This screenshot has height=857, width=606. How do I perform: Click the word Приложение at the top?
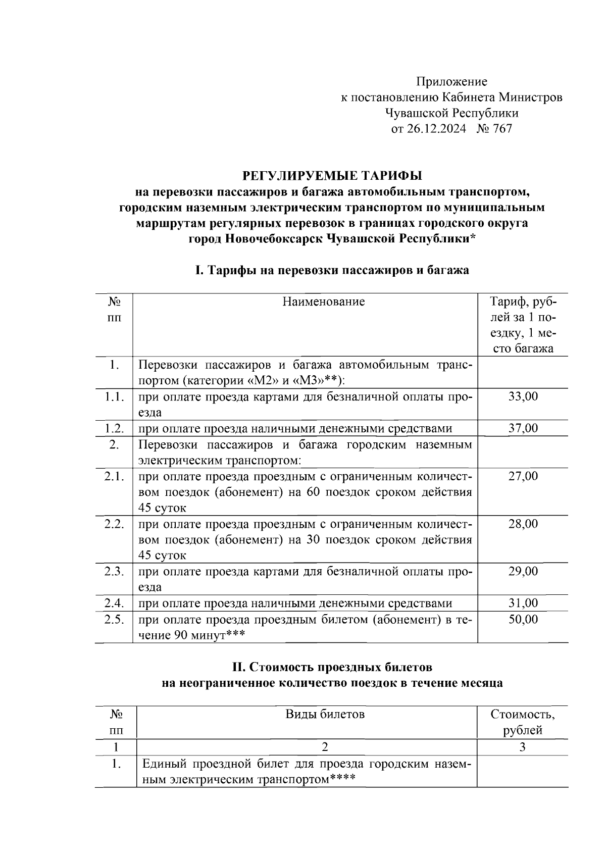pos(451,81)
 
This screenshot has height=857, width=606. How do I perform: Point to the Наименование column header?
pos(323,302)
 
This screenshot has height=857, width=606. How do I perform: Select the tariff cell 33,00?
pos(523,396)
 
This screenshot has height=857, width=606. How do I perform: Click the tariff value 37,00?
pos(523,429)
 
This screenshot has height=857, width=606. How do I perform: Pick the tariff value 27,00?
pos(523,476)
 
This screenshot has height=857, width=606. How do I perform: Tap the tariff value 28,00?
pos(523,524)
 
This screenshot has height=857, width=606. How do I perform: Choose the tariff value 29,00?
pos(523,571)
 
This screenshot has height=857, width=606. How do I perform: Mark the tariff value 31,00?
pos(523,603)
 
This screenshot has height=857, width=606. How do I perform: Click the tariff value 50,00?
pos(523,619)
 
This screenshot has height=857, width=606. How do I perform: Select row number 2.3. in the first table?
pos(114,571)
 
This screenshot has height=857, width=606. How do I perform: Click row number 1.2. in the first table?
pos(114,429)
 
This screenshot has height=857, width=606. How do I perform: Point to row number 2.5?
pos(114,619)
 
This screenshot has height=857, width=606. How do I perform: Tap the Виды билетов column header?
pos(325,714)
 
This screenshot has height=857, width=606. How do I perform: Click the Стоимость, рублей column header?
pos(523,722)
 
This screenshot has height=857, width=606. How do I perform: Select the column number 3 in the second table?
pos(523,747)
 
